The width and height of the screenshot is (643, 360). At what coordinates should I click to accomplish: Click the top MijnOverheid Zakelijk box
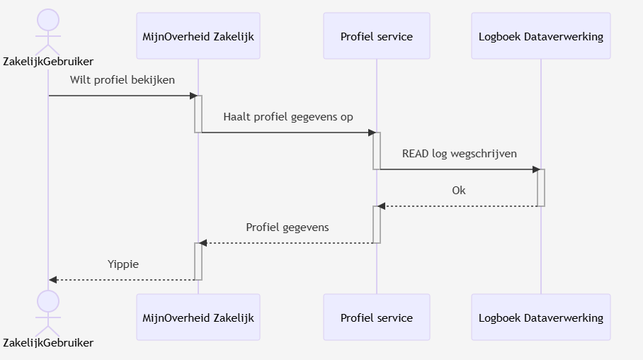coord(198,36)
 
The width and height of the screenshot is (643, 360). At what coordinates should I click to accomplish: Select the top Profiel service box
coord(376,36)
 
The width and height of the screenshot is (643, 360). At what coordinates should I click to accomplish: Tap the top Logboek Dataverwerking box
coord(540,36)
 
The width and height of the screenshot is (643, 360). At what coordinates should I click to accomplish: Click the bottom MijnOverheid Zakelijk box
coord(198,317)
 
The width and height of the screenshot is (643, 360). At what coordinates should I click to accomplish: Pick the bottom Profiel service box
coord(376,317)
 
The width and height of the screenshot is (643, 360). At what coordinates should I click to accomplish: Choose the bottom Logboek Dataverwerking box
coord(540,317)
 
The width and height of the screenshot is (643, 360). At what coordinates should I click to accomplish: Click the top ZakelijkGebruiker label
coord(48,62)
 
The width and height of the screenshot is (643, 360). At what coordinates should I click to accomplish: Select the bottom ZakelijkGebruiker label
coord(48,343)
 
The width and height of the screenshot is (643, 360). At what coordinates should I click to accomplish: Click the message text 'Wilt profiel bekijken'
coord(122,79)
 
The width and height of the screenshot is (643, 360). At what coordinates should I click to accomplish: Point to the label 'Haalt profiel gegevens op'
coord(288,116)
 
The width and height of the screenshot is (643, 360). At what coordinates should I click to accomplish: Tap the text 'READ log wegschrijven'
coord(459,153)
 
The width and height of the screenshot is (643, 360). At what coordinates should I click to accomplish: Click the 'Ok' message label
coord(459,191)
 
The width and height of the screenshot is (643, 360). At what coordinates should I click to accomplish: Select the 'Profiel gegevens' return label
coord(288,227)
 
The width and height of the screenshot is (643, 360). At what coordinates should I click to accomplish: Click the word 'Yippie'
coord(123,264)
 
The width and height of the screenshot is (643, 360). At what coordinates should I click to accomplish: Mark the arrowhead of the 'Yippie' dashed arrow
coord(53,280)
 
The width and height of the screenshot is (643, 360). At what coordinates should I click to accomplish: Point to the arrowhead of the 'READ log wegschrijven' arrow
coord(536,169)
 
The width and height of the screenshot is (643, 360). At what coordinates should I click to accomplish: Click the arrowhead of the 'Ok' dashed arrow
coord(382,206)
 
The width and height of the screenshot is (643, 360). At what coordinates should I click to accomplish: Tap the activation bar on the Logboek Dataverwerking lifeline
coord(541,188)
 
